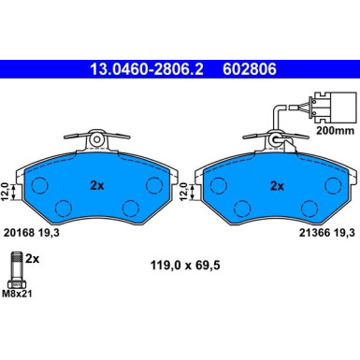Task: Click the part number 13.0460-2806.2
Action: click(x=147, y=69)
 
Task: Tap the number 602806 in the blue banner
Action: click(x=250, y=69)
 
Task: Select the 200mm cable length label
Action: click(x=336, y=131)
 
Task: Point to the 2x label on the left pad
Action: click(x=97, y=186)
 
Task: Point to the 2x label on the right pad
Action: click(x=277, y=186)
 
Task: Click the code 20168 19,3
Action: click(x=31, y=233)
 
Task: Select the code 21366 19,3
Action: click(x=327, y=233)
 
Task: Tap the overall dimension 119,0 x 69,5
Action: click(x=185, y=266)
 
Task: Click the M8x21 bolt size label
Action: click(x=17, y=294)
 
